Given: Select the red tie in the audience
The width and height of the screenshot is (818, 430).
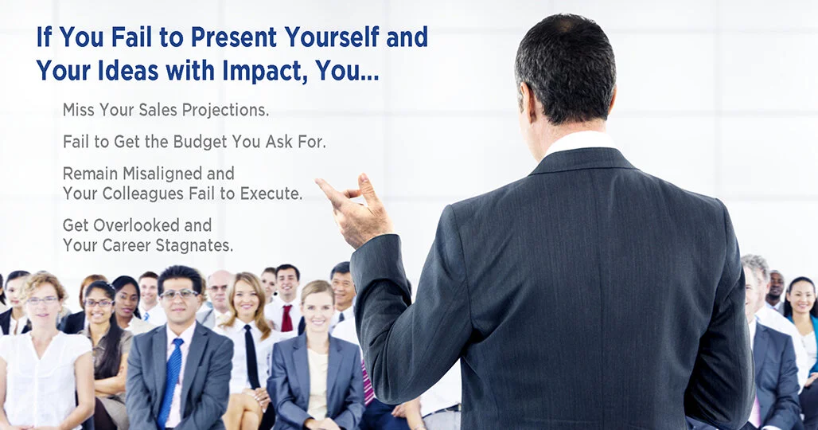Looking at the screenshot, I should coord(286,318).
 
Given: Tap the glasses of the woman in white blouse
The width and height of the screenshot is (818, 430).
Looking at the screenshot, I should coord(43,300).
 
